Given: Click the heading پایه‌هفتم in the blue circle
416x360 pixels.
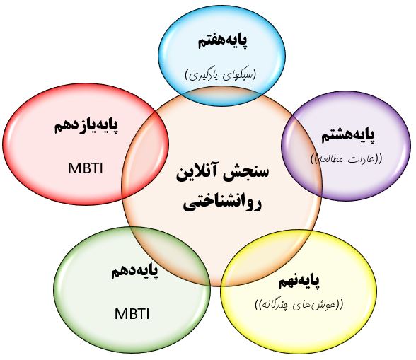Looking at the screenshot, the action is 222,42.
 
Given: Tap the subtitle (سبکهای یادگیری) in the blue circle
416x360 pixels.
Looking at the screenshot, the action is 220,75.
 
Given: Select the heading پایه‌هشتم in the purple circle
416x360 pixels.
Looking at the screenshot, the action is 348,136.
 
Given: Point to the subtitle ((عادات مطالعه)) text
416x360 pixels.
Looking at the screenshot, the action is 347,158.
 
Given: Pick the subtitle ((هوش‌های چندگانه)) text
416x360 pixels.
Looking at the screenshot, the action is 299,304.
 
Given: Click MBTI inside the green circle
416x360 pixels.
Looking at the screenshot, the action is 132,314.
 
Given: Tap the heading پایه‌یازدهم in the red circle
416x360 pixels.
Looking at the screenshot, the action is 86,126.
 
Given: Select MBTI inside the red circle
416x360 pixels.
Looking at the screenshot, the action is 85,168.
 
